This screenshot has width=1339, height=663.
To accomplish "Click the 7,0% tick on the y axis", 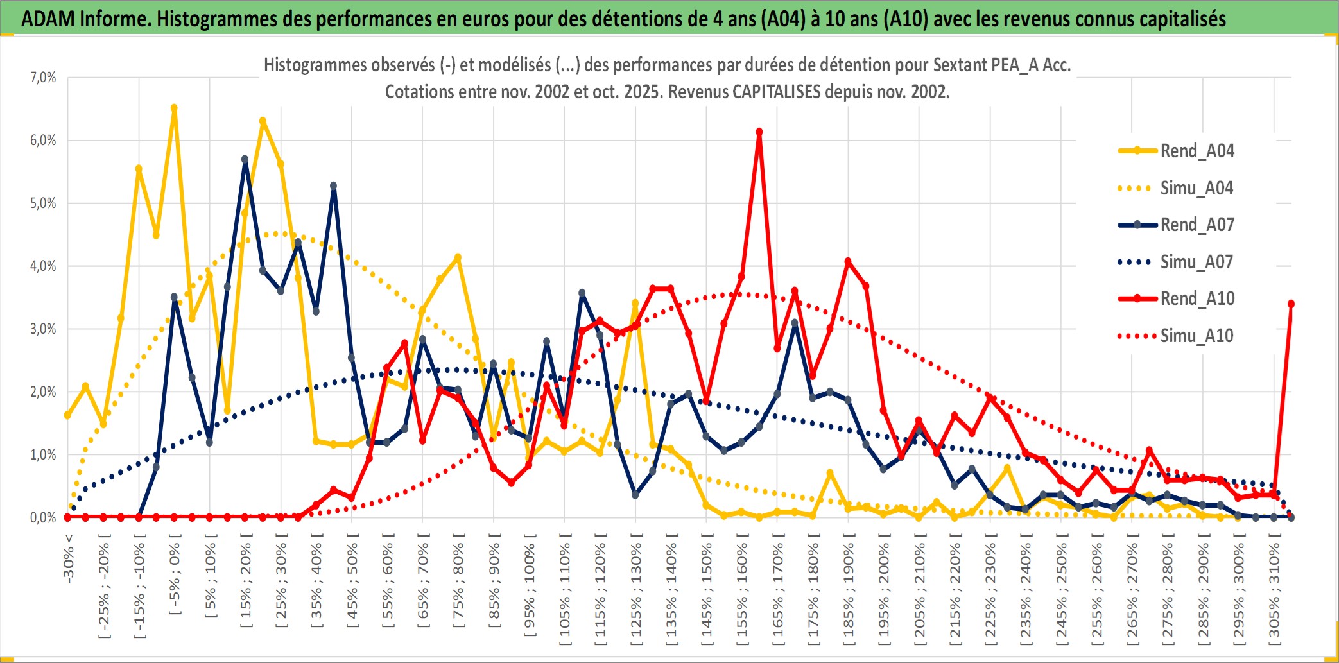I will point(43,78).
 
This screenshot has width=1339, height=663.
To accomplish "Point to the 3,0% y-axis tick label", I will point(43,329).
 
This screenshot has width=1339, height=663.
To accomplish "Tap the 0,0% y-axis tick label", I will point(43,518).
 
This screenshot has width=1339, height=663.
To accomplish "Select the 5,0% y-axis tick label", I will point(43,203).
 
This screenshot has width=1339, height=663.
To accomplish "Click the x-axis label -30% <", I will point(69,558).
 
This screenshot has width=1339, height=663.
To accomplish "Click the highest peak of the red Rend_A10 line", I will point(759,132).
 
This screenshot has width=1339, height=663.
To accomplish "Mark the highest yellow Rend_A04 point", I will point(174,108).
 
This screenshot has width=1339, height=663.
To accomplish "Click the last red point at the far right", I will point(1291,304).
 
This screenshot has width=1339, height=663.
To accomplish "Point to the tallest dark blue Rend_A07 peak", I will point(245,159).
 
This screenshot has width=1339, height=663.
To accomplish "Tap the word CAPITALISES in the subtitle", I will point(776,92).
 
